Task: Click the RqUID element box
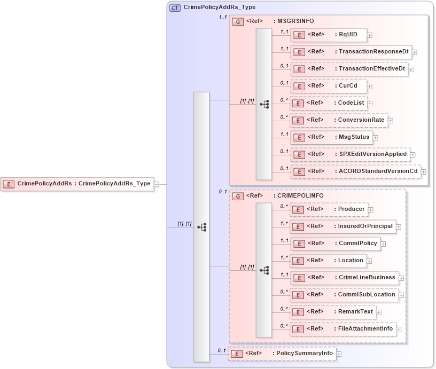click(328, 35)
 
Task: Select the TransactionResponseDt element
click(351, 52)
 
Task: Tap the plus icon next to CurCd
click(370, 86)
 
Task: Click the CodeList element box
click(328, 103)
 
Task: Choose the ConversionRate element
click(338, 120)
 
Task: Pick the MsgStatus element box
click(331, 137)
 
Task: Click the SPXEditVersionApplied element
click(349, 154)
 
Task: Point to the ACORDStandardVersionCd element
click(355, 171)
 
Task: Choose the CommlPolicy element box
click(334, 244)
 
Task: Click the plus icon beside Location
click(370, 261)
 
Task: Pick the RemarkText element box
click(332, 312)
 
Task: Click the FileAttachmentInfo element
click(342, 329)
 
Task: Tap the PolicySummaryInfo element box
click(282, 354)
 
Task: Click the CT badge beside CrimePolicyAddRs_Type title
click(175, 8)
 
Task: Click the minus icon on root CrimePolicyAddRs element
click(157, 184)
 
